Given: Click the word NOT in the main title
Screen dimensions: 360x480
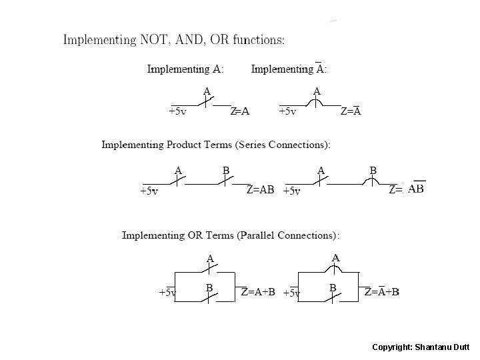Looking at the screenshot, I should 155,39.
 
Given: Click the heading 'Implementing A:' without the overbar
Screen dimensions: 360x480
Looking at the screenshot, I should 185,69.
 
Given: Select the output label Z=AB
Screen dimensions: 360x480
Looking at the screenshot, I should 260,190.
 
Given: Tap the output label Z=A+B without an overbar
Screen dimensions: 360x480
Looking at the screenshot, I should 258,291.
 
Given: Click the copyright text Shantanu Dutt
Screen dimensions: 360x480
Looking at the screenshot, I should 444,347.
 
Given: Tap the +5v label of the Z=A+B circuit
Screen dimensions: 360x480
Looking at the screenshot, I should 167,292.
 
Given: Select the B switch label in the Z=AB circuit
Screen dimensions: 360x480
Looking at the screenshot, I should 226,171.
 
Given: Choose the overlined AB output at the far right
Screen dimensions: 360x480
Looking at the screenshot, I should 415,189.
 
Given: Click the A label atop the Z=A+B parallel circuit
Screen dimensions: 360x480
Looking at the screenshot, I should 210,258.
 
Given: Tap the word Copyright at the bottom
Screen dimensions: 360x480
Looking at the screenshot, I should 391,347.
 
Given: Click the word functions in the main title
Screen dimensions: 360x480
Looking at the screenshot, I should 261,39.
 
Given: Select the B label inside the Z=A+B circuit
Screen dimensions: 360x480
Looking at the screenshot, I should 209,287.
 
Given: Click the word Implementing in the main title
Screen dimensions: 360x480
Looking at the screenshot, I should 99,39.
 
